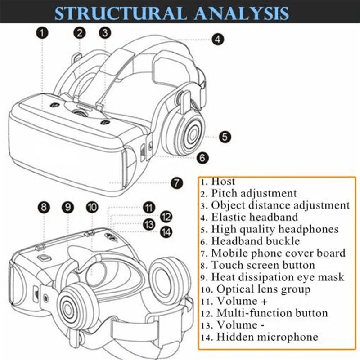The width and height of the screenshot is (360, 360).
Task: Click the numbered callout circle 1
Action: (x=43, y=32)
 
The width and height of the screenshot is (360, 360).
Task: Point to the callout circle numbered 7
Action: (x=176, y=183)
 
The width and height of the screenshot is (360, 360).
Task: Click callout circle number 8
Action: (x=43, y=207)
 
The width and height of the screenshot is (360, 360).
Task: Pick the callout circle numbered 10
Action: (x=92, y=207)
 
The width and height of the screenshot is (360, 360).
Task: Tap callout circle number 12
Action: (x=166, y=216)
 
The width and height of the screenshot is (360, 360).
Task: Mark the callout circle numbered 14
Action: (x=166, y=231)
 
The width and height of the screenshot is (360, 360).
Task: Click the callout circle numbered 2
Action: (x=80, y=32)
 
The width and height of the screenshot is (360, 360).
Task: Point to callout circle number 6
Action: (x=202, y=157)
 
